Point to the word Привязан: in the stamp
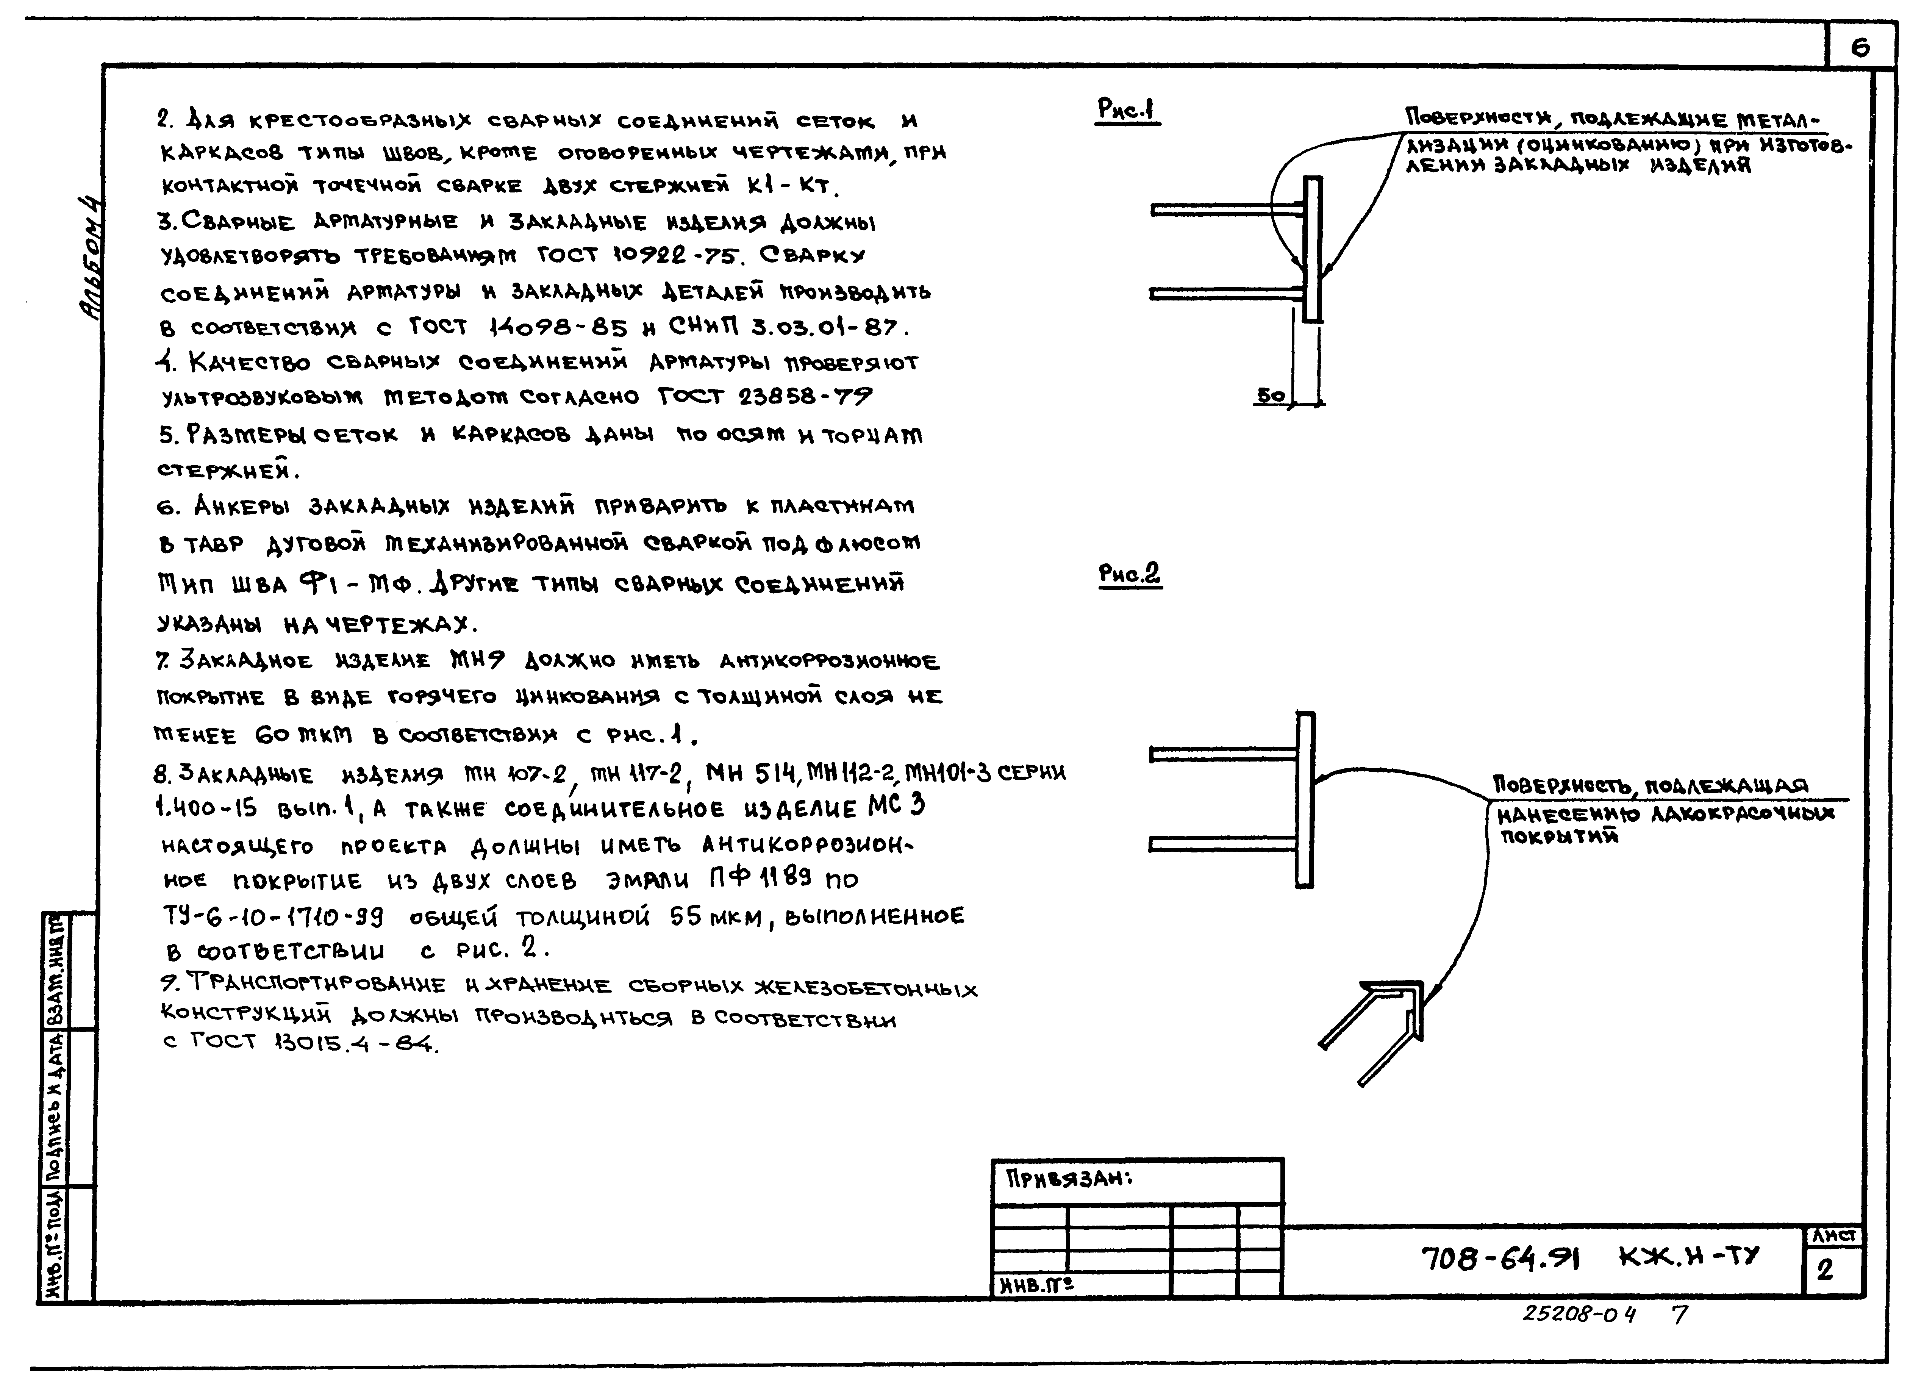(x=1069, y=1179)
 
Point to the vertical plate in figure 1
(x=1312, y=249)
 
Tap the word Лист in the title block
(x=1834, y=1237)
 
